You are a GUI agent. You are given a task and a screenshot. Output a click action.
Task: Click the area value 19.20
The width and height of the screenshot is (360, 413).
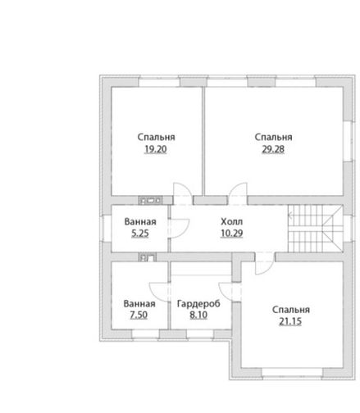point(156,149)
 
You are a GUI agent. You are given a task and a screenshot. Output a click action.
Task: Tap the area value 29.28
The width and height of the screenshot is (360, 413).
point(273,149)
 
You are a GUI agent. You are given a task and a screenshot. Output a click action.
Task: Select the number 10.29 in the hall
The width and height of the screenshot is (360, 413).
point(232,234)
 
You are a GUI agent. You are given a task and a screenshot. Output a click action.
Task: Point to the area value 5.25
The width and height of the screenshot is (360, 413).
point(140,234)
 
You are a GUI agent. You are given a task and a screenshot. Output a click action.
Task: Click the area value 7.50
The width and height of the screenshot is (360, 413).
point(139,315)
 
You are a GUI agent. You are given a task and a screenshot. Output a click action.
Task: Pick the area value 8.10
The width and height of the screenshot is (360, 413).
point(198,315)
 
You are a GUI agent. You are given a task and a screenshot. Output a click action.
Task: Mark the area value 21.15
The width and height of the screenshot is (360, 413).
point(290,321)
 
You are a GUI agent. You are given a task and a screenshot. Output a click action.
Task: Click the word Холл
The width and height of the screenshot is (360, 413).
point(231,221)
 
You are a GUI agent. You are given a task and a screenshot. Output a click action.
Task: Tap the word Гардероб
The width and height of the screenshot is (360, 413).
point(198,304)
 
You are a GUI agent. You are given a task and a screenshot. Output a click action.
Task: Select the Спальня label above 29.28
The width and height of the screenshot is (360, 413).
point(273,137)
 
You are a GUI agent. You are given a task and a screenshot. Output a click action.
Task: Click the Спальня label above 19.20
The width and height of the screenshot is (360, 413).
point(156,137)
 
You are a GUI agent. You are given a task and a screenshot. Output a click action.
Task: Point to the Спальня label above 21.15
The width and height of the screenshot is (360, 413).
point(291,310)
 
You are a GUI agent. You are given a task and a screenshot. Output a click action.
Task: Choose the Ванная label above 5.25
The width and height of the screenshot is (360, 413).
point(140,221)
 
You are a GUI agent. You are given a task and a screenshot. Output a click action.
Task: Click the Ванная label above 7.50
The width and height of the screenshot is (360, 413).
point(139,303)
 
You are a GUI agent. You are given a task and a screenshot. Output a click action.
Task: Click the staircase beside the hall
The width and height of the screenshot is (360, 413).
point(315,229)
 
